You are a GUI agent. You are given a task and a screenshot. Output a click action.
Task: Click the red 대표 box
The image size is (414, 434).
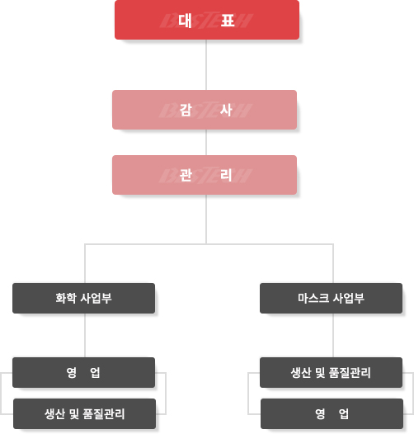(207, 20)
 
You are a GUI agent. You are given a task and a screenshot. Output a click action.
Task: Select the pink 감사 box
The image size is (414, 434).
(205, 110)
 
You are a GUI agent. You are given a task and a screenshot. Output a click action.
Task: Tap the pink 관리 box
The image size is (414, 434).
(205, 175)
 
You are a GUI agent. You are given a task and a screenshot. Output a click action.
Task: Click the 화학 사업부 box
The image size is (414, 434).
(83, 298)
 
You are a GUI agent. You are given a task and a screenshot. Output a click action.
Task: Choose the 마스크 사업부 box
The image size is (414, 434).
(331, 298)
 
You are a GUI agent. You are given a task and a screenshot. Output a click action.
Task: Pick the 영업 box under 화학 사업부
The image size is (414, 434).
(83, 372)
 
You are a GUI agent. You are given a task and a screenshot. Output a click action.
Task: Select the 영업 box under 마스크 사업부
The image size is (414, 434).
(332, 414)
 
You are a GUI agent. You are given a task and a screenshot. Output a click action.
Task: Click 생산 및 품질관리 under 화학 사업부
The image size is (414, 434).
(84, 414)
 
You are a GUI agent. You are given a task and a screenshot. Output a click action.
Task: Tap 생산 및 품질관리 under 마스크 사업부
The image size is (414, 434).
(331, 372)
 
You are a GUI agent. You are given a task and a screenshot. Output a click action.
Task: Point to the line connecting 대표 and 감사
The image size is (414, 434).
(206, 64)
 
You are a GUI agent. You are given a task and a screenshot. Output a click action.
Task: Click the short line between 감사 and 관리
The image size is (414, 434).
(206, 142)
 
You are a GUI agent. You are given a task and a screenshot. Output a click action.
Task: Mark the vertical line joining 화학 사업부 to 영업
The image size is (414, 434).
(85, 336)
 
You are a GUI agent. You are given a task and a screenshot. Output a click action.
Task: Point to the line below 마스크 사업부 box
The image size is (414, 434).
(333, 336)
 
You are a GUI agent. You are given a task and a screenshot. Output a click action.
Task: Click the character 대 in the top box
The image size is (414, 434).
(185, 20)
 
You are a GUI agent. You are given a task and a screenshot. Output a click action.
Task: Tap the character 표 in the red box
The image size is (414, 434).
(228, 20)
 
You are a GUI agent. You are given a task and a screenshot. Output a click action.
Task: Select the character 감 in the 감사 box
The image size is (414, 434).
(186, 111)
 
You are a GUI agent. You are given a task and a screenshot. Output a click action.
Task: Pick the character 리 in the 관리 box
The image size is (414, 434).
(226, 175)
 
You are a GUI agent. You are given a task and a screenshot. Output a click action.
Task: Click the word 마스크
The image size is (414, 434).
(313, 298)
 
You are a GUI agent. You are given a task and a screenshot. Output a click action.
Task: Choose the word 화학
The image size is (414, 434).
(66, 298)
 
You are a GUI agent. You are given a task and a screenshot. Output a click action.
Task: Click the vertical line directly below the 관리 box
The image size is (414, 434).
(206, 219)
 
